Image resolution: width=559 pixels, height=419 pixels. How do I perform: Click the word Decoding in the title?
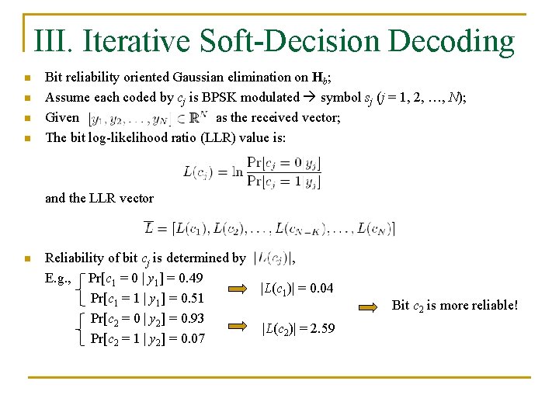pos(451,41)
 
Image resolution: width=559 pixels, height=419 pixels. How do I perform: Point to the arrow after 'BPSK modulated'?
pos(309,97)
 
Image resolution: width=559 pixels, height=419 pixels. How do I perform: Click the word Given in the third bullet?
pos(62,117)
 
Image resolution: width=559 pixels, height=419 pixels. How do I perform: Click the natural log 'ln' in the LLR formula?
pos(237,171)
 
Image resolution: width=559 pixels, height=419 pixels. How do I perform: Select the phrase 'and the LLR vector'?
pos(99,198)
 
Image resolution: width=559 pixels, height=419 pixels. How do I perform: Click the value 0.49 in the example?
pos(189,278)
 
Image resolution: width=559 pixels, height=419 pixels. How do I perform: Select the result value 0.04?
pos(321,289)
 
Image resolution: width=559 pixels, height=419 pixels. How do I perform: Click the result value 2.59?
pos(322,328)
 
